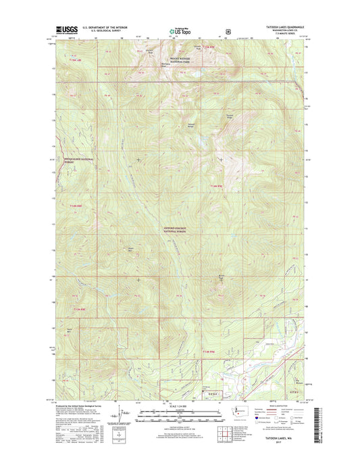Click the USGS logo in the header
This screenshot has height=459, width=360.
pyautogui.click(x=62, y=30)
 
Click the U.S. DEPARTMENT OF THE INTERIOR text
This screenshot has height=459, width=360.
pyautogui.click(x=104, y=27)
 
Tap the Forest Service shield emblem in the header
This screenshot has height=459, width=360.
pyautogui.click(x=228, y=30)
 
